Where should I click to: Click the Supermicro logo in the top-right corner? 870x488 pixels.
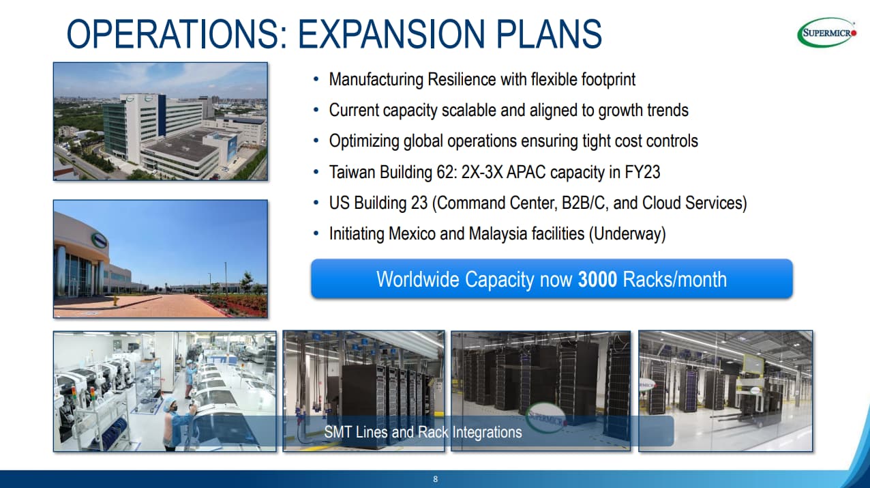tap(826, 33)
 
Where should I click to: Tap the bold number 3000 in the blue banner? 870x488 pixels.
tap(597, 279)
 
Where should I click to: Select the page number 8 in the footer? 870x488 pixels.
tap(436, 479)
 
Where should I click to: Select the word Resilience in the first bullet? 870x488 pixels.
tap(462, 79)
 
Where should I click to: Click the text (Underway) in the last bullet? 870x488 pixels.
tap(627, 233)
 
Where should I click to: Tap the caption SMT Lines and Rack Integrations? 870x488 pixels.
tap(423, 432)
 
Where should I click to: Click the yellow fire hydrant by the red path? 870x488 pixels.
tap(115, 300)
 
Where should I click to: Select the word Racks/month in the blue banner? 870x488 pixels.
tap(674, 279)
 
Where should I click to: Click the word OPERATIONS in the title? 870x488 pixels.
tap(177, 34)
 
